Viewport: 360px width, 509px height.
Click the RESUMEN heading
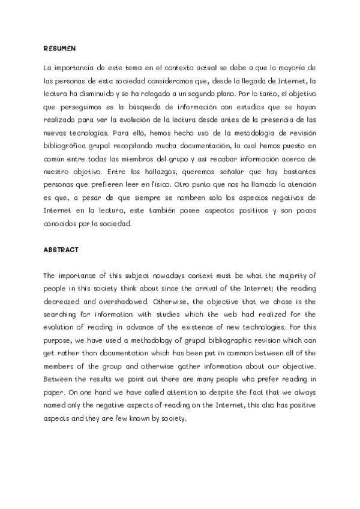[59, 47]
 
